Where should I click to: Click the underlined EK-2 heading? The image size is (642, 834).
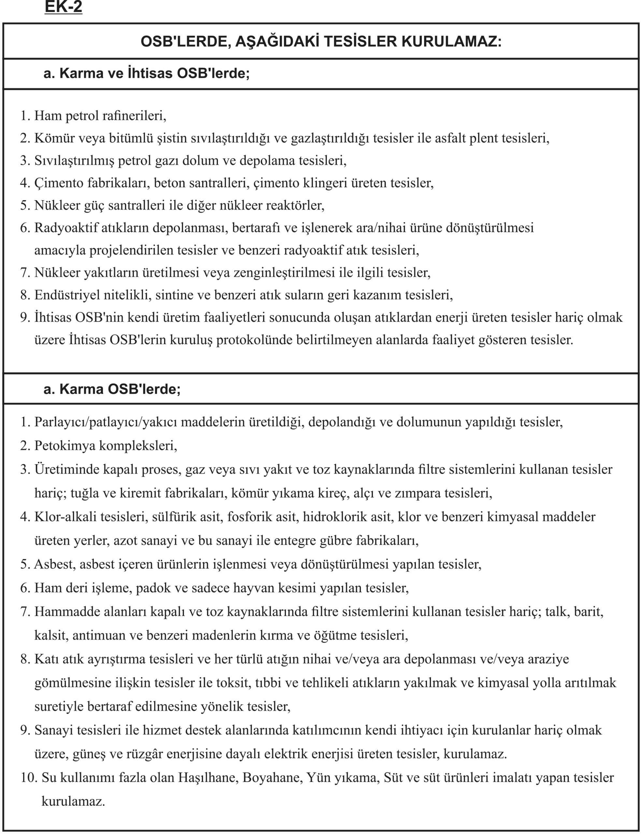pos(64,7)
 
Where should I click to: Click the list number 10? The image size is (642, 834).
pos(29,778)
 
